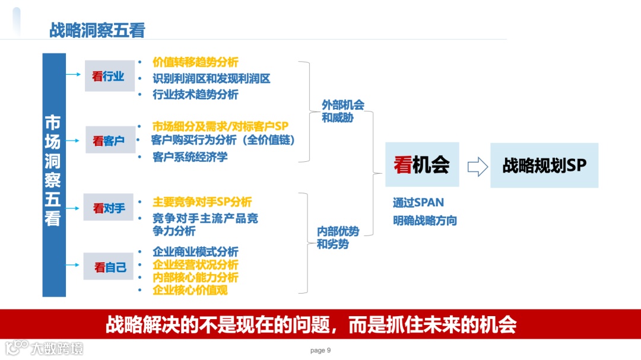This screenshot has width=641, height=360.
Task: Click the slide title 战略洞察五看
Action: [x=97, y=31]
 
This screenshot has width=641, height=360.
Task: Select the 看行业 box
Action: [x=110, y=76]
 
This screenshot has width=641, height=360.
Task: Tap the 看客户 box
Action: [x=110, y=141]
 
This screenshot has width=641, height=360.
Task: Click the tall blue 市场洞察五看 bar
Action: [x=53, y=175]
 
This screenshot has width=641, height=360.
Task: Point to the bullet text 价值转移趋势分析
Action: [x=195, y=62]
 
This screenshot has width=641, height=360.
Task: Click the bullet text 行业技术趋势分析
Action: [x=195, y=94]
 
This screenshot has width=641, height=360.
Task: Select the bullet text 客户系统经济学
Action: [x=190, y=157]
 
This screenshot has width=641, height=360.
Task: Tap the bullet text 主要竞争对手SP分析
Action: [x=202, y=202]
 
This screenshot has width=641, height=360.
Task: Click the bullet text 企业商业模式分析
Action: [x=195, y=252]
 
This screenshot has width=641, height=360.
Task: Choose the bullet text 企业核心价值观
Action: [x=190, y=290]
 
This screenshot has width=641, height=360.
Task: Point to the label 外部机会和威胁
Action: [x=342, y=111]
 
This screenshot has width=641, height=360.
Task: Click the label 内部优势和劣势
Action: [x=337, y=237]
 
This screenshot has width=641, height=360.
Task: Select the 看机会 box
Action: [x=422, y=165]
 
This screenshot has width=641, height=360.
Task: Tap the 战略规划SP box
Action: [x=544, y=165]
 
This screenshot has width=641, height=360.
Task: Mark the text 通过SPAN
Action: [x=418, y=202]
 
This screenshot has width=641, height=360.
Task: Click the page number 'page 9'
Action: [x=320, y=351]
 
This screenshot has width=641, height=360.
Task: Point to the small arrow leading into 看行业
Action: [x=74, y=75]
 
